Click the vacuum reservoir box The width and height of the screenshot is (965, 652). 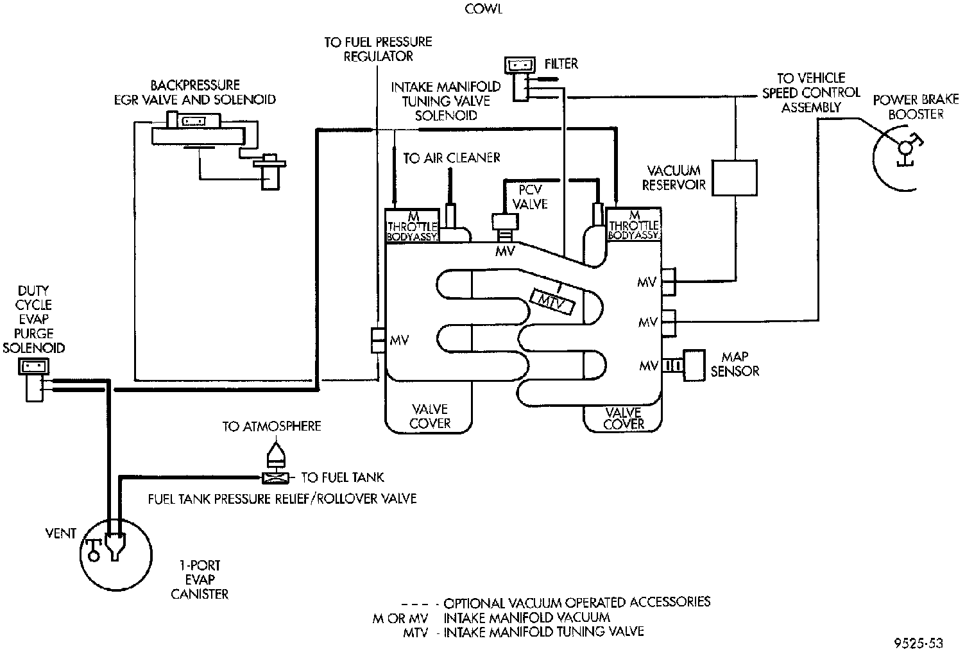point(734,178)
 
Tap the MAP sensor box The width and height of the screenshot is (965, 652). point(694,365)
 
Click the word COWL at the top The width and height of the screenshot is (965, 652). point(483,9)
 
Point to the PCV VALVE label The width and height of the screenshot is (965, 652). point(530,197)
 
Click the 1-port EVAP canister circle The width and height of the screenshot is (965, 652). point(116,555)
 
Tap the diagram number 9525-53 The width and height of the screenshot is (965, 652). point(918,644)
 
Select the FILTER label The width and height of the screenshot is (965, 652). point(561,64)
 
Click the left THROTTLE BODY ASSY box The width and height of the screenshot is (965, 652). point(413,225)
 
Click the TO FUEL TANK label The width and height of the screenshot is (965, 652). point(343,477)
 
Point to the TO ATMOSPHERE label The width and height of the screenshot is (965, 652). point(271,426)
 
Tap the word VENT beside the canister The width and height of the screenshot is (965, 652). point(61,533)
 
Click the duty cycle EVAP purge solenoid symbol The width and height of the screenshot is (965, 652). point(33,380)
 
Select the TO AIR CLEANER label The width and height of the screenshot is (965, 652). point(452,158)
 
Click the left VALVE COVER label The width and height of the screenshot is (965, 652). point(430,416)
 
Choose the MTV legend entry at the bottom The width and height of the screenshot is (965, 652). point(523,632)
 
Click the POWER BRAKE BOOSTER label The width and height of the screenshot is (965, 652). point(916,107)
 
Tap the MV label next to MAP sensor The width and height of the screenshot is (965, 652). point(648,366)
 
